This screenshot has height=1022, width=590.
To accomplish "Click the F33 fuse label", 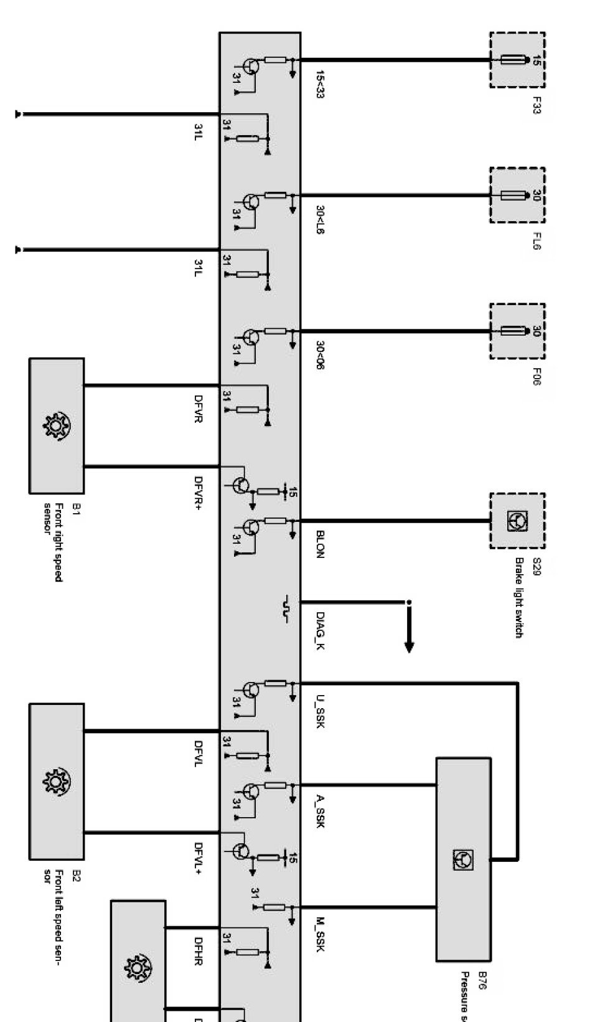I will pos(536,106).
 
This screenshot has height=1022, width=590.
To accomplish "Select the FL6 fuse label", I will pos(536,241).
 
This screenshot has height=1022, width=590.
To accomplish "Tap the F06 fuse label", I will pos(536,376).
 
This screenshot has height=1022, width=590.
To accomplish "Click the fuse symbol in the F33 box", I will pos(515,60).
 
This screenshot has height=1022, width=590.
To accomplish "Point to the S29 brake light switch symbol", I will pos(517,521).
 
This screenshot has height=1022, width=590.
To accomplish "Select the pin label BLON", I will pos(320,544).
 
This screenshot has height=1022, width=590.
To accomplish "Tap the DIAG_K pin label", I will pos(320,631).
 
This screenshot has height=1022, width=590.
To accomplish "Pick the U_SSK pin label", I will pos(320,712).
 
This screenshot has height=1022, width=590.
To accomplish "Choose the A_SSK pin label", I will pos(320,813).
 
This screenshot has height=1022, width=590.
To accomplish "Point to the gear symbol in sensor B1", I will pos(56,426).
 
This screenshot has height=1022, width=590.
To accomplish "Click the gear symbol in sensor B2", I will pos(56,781).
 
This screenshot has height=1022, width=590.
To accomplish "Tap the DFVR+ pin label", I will pos(199,492).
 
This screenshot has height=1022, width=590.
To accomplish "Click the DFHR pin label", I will pos(199,951).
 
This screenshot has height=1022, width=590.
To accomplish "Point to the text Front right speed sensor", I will pos(54,542).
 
